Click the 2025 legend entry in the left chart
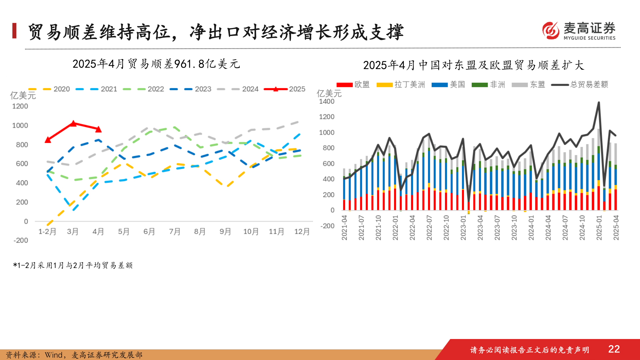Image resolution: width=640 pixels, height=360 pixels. [x=285, y=89]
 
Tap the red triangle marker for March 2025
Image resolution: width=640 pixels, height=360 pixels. [x=74, y=124]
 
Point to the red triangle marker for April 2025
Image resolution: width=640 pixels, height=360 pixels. [x=98, y=129]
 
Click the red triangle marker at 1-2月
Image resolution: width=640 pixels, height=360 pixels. [x=48, y=140]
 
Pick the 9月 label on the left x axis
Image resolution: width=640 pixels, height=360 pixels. [x=225, y=231]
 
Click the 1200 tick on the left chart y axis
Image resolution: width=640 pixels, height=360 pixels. [x=20, y=106]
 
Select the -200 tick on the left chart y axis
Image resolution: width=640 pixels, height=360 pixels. [x=21, y=240]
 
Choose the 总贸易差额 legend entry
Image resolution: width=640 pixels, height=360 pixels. [x=580, y=85]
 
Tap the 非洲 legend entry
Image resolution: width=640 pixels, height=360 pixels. [x=489, y=85]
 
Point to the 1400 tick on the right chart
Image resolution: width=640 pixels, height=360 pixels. [x=327, y=101]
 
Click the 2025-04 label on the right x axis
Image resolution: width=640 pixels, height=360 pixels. [x=616, y=227]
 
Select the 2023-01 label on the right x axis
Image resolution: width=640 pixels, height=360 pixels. [x=463, y=227]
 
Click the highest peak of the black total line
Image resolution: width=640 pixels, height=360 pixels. [x=599, y=103]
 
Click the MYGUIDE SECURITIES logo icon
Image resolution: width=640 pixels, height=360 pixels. [x=551, y=31]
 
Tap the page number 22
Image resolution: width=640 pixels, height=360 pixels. [x=614, y=349]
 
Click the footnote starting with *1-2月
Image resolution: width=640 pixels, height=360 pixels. [x=73, y=265]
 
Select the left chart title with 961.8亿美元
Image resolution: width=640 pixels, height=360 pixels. [x=156, y=64]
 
